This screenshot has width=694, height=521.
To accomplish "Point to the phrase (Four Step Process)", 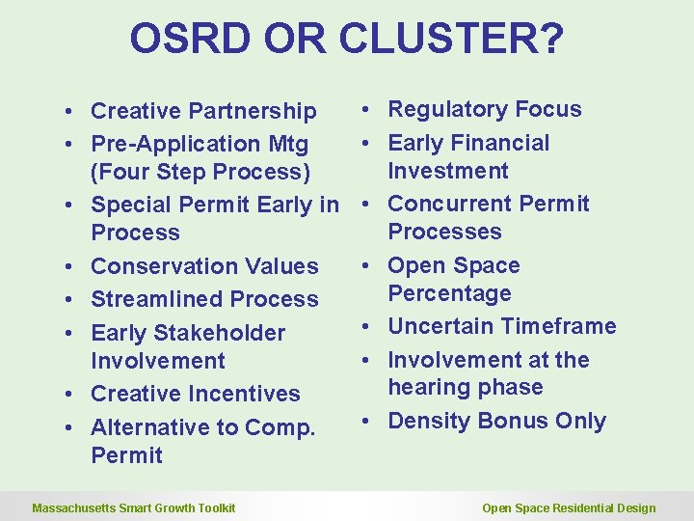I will (x=200, y=173).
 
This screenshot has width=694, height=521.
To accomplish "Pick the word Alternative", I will (x=150, y=427).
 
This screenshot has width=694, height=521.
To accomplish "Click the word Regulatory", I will (x=448, y=110).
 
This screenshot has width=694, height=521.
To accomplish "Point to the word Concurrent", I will (x=451, y=205).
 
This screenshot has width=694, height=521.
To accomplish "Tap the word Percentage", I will (x=449, y=293).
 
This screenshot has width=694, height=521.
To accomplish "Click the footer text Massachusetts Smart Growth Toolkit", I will (x=134, y=508).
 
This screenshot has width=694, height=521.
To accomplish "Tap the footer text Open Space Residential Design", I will (x=569, y=508).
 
